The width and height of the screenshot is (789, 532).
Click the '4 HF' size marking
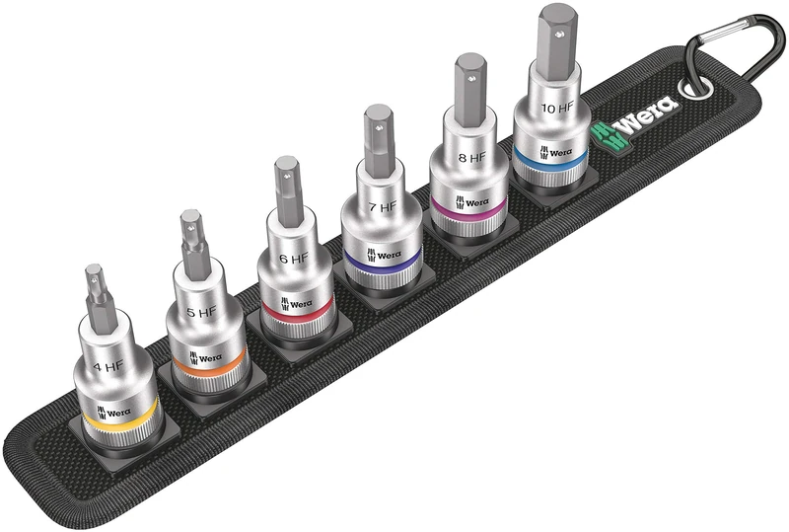[108, 365]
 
